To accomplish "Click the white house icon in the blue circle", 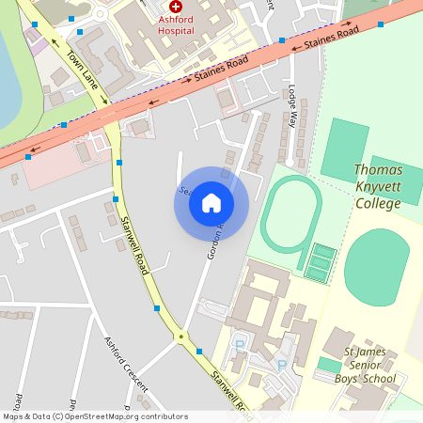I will [x=211, y=203].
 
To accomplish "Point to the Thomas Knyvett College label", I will [x=378, y=185].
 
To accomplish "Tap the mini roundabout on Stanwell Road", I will [x=180, y=337].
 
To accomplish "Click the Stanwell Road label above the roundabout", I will [x=135, y=245].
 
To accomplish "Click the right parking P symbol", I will [x=280, y=365].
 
